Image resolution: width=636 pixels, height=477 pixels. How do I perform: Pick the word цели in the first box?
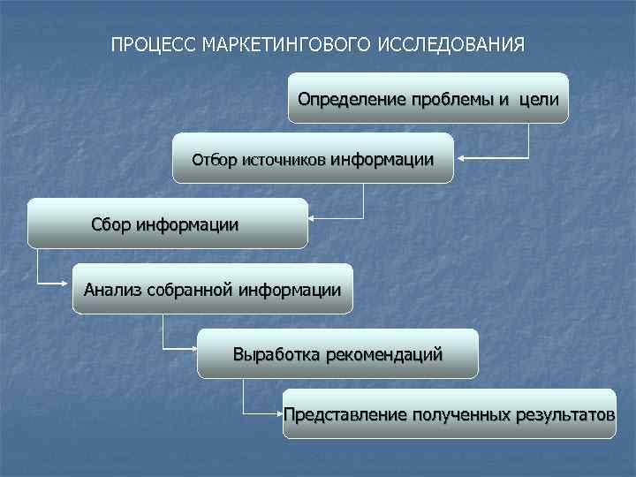tap(539, 98)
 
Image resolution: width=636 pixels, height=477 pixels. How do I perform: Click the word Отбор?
tap(215, 161)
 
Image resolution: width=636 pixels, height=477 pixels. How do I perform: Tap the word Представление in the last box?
tap(345, 413)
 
